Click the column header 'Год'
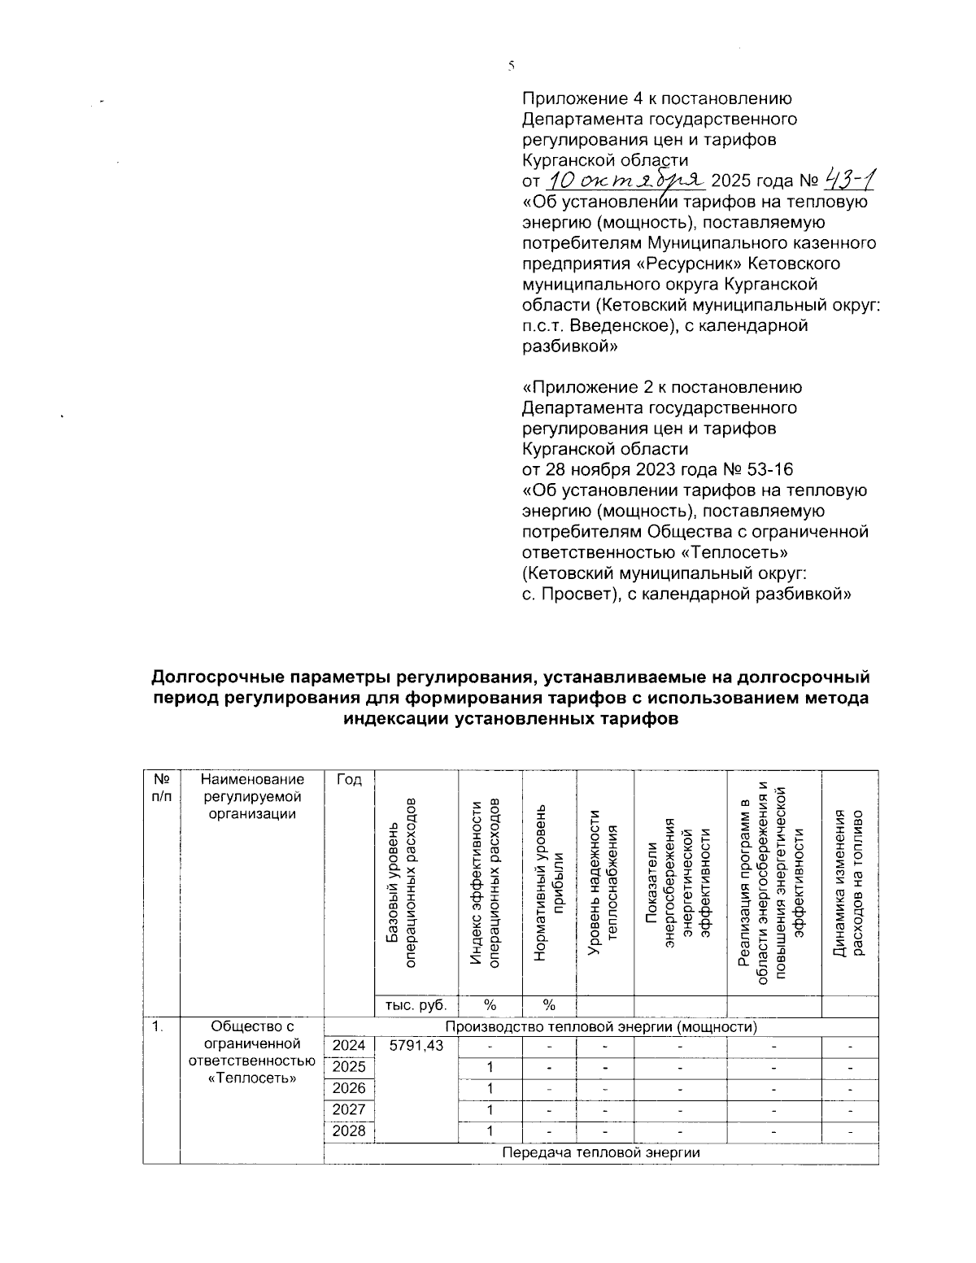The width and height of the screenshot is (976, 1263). [x=349, y=780]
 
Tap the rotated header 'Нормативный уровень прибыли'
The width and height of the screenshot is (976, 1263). [x=548, y=882]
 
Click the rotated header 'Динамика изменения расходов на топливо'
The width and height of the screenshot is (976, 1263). [x=850, y=882]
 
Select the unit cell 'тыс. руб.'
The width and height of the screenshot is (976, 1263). [x=416, y=1005]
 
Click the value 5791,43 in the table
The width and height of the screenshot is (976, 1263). [x=416, y=1046]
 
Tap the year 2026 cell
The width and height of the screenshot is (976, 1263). [x=349, y=1088]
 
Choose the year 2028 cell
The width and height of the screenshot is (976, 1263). [x=349, y=1131]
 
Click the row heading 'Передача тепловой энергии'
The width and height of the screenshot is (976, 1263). [x=601, y=1153]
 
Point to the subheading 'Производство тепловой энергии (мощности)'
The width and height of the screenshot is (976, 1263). [x=601, y=1026]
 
